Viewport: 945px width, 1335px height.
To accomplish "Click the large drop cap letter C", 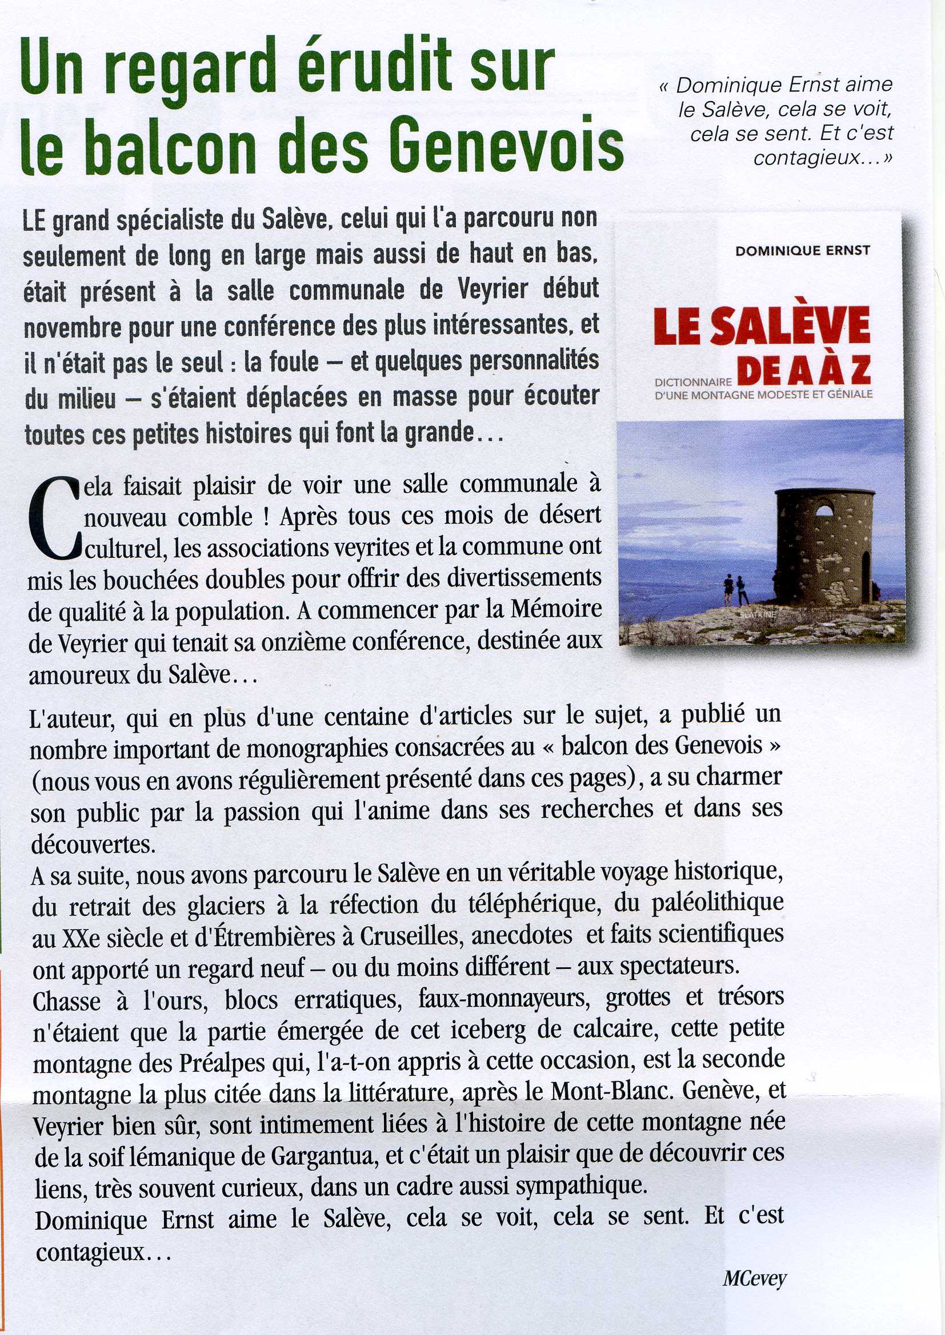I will (54, 518).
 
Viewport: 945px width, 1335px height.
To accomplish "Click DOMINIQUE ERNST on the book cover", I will (802, 251).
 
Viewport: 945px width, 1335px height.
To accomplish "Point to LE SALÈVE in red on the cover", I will (762, 326).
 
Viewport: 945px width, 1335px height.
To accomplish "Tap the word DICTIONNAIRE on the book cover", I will (693, 383).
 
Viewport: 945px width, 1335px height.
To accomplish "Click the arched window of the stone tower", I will (824, 512).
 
